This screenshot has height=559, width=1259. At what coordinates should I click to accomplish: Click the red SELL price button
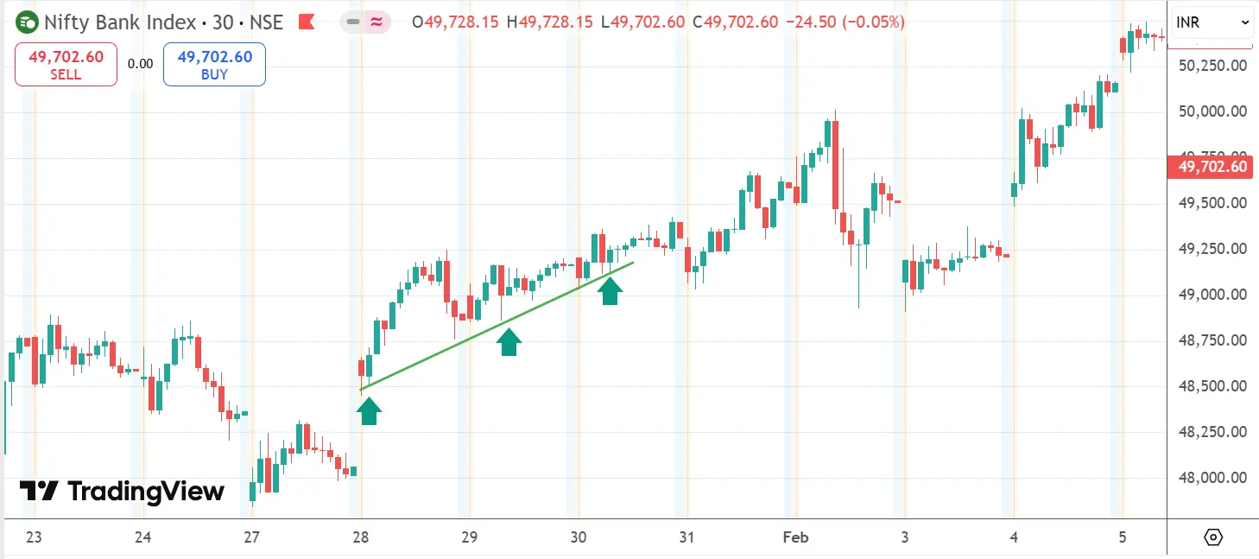click(66, 65)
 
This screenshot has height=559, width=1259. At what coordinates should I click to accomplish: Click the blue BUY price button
click(214, 65)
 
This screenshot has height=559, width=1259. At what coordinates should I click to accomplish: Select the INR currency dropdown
click(1212, 22)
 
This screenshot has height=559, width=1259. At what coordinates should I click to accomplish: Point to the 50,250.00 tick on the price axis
click(1212, 66)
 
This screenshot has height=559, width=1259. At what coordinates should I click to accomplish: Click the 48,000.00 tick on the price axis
click(1212, 478)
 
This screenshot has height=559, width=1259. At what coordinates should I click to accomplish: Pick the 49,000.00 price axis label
click(1212, 295)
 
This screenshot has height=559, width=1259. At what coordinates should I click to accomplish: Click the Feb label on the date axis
click(795, 537)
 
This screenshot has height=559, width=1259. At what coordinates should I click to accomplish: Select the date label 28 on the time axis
click(361, 537)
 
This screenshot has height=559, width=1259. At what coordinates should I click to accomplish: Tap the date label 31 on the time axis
click(686, 537)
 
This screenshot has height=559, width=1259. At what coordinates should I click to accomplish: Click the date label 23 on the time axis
click(34, 537)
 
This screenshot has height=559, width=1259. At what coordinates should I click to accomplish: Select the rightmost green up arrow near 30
click(610, 291)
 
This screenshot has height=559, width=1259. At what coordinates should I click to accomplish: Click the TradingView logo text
click(122, 492)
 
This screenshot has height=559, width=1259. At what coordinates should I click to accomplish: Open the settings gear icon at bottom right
click(1212, 537)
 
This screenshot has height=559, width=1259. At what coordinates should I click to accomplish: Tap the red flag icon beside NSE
click(306, 22)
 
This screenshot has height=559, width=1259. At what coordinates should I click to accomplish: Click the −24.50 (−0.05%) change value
click(845, 22)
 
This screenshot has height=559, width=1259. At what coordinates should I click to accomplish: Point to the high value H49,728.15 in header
click(551, 22)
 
